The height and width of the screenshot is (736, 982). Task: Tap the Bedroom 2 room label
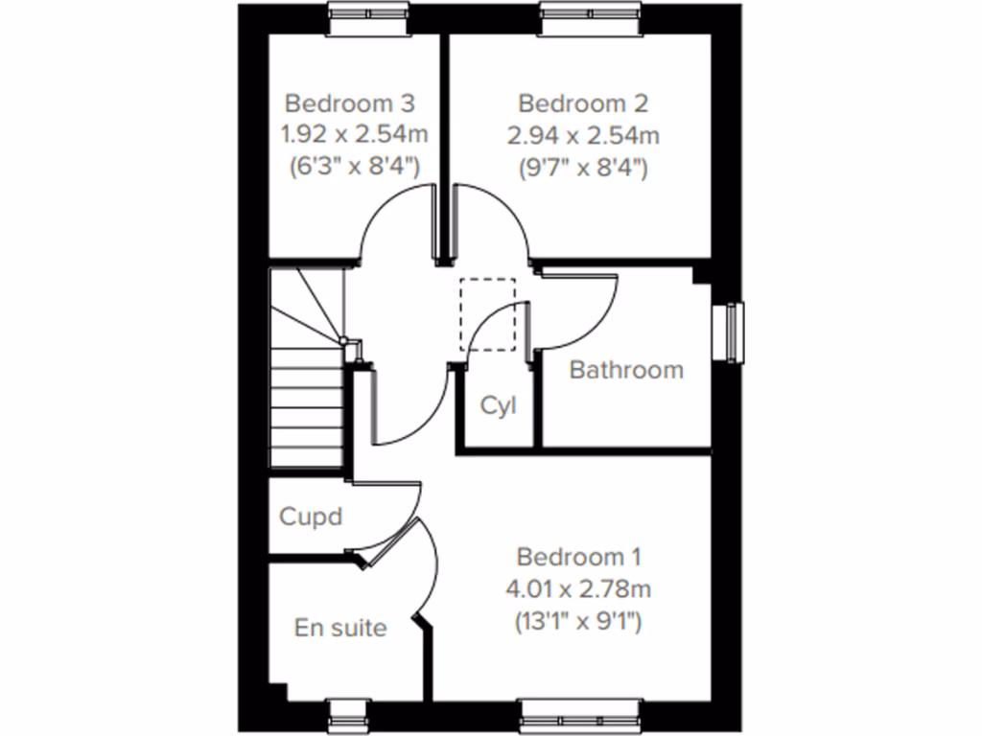coord(583,102)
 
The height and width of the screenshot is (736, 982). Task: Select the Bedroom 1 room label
coord(578,557)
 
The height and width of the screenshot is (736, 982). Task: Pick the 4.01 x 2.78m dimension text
coord(578,588)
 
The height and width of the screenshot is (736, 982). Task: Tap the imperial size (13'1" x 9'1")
coord(578,621)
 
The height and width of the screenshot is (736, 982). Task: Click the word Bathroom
coord(626,370)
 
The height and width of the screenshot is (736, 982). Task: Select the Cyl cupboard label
coord(498,405)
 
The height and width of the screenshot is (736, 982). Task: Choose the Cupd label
coord(310,517)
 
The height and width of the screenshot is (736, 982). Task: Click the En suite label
coord(340,629)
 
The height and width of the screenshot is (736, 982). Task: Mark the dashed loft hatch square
coord(487,314)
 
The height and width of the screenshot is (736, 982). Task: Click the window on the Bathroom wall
coord(734,333)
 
